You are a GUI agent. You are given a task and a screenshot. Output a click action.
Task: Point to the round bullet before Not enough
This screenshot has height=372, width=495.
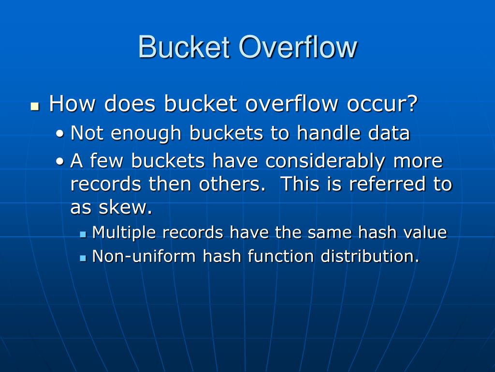(59, 134)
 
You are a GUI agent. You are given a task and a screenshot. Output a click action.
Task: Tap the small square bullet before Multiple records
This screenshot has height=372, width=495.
(83, 234)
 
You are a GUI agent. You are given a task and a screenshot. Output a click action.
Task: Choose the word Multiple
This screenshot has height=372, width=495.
(124, 232)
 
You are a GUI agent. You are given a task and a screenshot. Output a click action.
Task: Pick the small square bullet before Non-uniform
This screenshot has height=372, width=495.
(83, 258)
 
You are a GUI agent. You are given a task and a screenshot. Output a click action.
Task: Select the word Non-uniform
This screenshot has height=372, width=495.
(144, 256)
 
